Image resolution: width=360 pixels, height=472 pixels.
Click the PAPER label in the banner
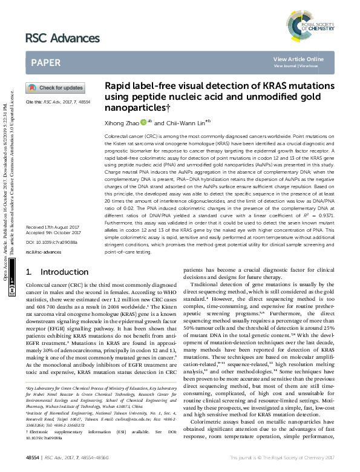tap(47, 62)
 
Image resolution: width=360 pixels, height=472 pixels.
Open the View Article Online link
tap(298, 59)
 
